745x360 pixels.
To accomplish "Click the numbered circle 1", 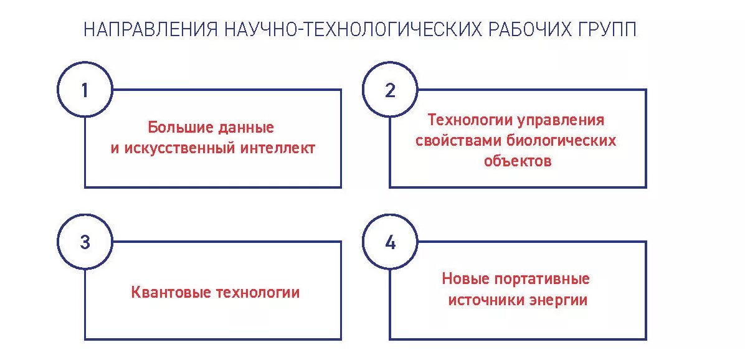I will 85,90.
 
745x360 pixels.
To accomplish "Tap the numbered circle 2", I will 390,90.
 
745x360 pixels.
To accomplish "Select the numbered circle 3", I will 85,242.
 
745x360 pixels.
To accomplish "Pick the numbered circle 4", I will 390,242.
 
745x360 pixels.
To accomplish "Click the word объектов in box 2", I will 518,161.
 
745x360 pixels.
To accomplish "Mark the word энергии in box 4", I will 559,300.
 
